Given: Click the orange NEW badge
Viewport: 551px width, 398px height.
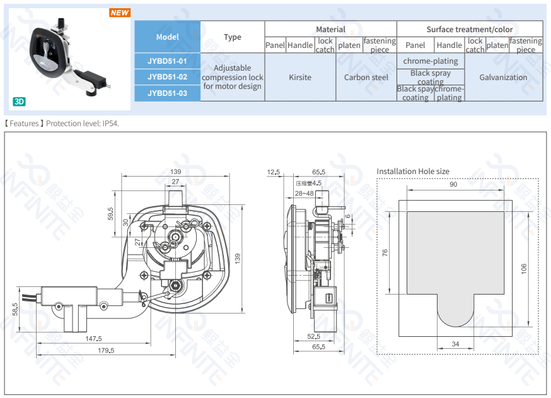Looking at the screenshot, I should pos(119,13).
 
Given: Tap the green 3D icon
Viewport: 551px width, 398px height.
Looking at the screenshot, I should pos(19,101).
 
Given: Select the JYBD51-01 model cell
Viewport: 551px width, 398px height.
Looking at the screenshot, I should pos(167,61).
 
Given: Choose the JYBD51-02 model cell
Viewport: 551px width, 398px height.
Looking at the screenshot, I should pos(167,77).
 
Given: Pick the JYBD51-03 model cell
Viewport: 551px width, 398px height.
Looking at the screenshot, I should pos(167,93).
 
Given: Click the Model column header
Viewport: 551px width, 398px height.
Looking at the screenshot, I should pos(167,37).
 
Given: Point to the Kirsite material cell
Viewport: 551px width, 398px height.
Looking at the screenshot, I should pos(300,77).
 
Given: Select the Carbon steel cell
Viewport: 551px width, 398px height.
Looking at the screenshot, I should pos(366,77).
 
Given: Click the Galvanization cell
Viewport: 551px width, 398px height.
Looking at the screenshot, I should pos(503,77).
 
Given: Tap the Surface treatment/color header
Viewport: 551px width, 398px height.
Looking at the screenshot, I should pos(469,29).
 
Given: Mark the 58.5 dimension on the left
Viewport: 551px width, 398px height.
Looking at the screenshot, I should pos(15,309).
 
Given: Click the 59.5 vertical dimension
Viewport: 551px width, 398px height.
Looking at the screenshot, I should pos(110,214).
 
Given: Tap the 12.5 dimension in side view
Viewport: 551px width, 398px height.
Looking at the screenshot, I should pos(273,172).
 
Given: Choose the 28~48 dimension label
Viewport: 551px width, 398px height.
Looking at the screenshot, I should pos(304,194).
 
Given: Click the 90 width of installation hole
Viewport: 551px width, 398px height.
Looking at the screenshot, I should pos(453,185).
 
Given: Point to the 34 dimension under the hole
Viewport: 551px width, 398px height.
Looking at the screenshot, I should pos(455,344).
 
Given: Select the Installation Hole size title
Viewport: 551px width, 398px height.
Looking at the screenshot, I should pos(413,171).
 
